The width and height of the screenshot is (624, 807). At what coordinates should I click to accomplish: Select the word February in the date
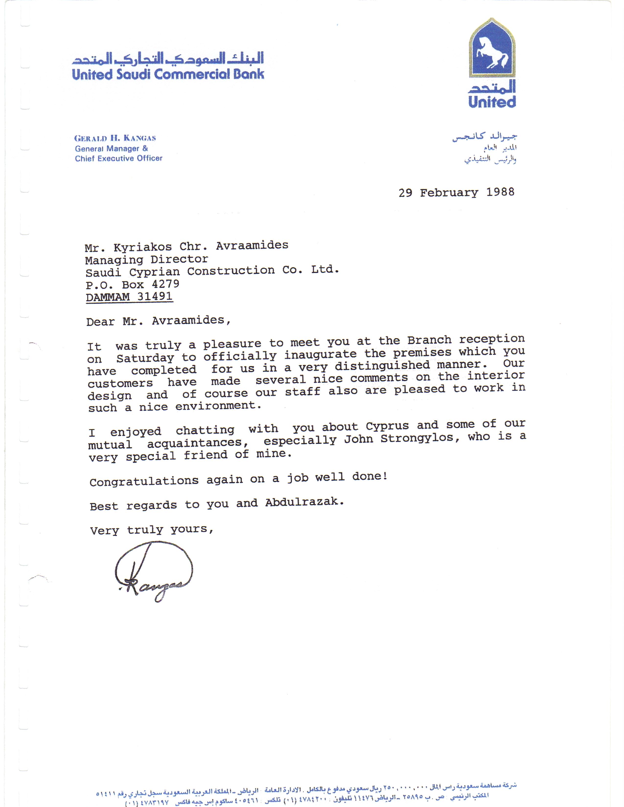449,192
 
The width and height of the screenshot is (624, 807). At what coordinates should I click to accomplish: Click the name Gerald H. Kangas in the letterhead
115,138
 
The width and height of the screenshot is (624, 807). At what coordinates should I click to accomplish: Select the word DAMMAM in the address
108,297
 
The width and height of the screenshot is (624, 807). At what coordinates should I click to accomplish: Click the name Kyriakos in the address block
143,247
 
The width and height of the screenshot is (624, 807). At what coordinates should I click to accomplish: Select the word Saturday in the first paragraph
145,358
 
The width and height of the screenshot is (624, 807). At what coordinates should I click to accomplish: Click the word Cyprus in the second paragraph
387,426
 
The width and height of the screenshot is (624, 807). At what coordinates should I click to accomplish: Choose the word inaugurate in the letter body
320,354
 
